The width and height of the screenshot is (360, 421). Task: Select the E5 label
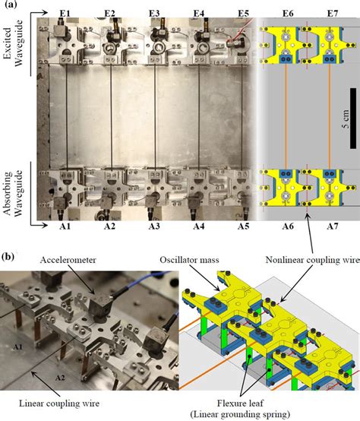[243, 14]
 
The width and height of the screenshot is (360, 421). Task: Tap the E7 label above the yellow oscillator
[331, 14]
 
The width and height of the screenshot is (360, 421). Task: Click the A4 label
[198, 226]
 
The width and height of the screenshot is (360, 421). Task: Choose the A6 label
[287, 226]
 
